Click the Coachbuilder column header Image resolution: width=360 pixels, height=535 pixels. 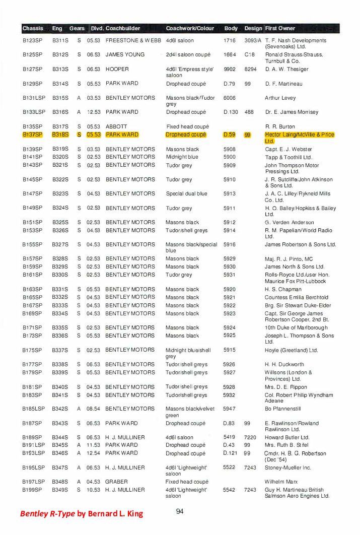click(x=123, y=28)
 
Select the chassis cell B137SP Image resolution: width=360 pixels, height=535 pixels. click(x=33, y=135)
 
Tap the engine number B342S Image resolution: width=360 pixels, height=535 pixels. click(x=60, y=409)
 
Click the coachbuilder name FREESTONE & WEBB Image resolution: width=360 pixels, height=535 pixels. click(x=133, y=40)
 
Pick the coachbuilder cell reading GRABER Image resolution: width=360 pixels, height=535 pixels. click(x=117, y=482)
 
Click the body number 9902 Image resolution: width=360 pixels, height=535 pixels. click(x=230, y=69)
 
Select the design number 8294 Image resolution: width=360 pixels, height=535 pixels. click(x=250, y=69)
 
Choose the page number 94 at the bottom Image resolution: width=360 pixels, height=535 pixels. click(x=180, y=511)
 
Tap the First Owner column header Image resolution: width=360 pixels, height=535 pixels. click(x=280, y=28)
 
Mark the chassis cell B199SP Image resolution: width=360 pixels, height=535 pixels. click(x=33, y=490)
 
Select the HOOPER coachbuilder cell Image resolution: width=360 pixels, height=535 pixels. click(x=117, y=69)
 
